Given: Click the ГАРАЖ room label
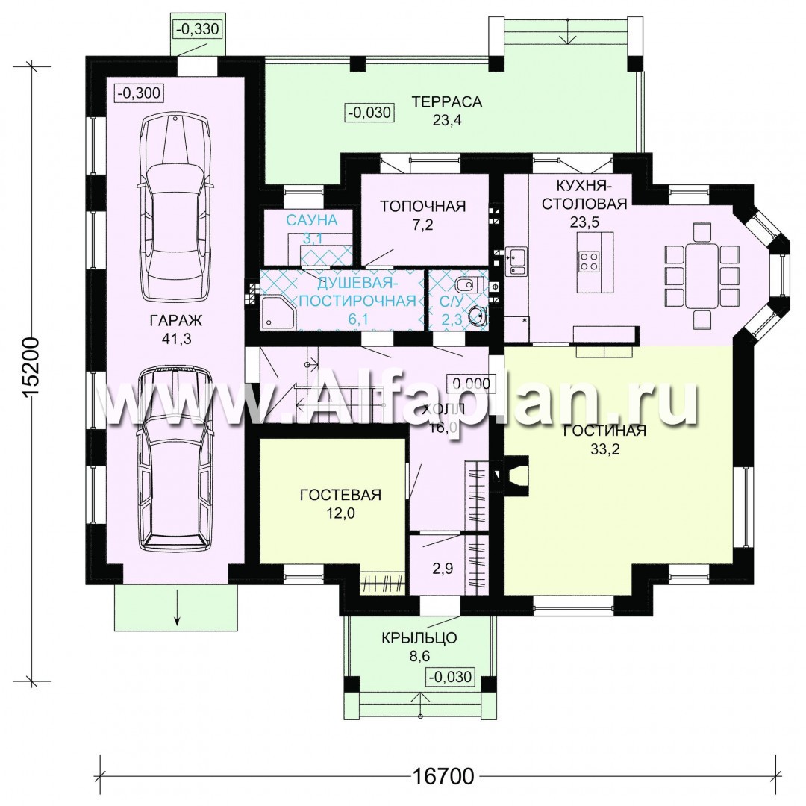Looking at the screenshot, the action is (x=176, y=321).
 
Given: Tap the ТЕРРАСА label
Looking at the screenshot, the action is (x=447, y=101).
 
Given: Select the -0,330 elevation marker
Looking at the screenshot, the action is (x=197, y=29).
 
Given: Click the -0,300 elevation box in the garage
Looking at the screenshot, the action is (x=139, y=93).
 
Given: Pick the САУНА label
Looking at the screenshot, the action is (x=311, y=220).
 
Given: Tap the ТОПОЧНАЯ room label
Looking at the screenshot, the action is (x=422, y=206).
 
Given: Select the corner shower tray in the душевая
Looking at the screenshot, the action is (x=278, y=310).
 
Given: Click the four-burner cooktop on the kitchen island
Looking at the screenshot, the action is (x=588, y=260).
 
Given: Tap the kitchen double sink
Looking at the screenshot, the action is (x=516, y=260).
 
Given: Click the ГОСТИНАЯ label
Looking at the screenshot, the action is (x=604, y=431).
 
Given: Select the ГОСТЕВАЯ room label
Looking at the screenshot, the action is (x=340, y=495).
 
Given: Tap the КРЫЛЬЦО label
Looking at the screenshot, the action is (x=419, y=638).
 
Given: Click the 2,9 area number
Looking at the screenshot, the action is (x=443, y=569).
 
